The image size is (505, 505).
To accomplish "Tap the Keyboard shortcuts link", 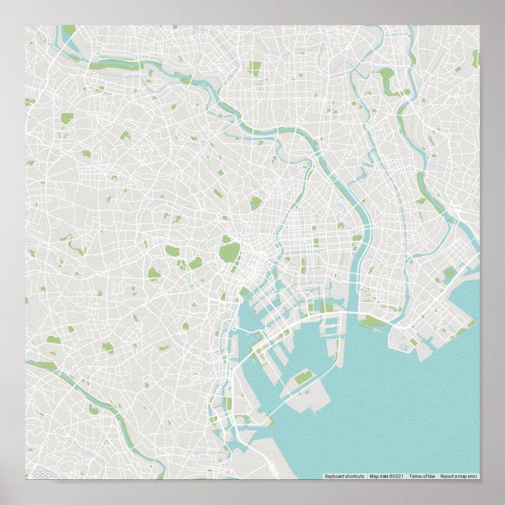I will (x=344, y=476).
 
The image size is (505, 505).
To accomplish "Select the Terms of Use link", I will (x=421, y=476).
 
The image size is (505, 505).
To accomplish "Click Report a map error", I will (x=458, y=476).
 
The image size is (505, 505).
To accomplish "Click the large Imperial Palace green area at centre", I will (x=229, y=252).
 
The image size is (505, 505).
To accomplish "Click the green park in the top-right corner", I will (x=475, y=56).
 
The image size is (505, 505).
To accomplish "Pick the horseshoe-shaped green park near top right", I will (x=386, y=79).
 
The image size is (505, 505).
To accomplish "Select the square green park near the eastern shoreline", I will (x=449, y=274).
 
